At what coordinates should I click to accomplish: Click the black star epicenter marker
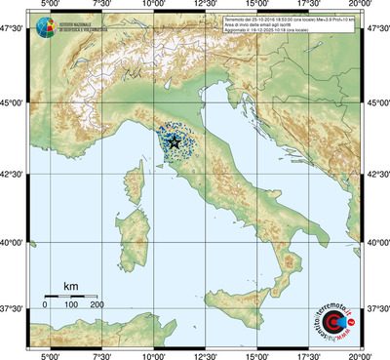[175, 142]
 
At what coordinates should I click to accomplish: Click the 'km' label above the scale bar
[70, 285]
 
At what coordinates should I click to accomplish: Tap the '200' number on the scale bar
[97, 305]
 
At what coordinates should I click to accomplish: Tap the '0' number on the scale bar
[45, 305]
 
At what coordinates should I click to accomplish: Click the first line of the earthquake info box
[302, 19]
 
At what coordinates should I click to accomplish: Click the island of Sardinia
[132, 230]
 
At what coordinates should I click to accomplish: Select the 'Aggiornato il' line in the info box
[292, 31]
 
